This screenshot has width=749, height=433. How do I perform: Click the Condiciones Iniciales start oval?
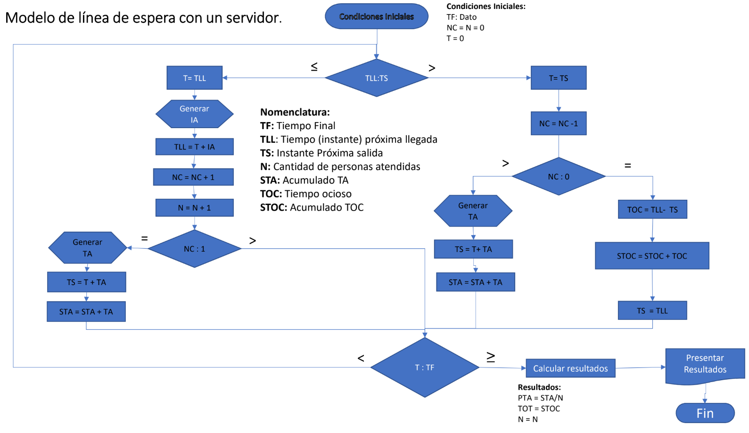pyautogui.click(x=377, y=16)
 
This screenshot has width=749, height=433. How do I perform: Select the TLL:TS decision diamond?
pyautogui.click(x=377, y=78)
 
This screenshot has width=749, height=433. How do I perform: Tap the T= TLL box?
pyautogui.click(x=195, y=78)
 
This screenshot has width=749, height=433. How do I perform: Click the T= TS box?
pyautogui.click(x=559, y=78)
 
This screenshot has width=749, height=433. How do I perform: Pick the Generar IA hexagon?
pyautogui.click(x=194, y=114)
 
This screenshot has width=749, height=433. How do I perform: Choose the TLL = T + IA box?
pyautogui.click(x=194, y=147)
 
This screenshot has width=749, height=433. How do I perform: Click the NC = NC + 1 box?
pyautogui.click(x=193, y=177)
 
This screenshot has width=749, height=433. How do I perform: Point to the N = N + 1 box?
pyautogui.click(x=194, y=208)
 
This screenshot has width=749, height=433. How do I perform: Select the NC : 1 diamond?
pyautogui.click(x=194, y=249)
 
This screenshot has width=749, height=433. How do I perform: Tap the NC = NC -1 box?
pyautogui.click(x=559, y=123)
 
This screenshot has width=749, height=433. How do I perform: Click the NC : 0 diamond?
pyautogui.click(x=559, y=176)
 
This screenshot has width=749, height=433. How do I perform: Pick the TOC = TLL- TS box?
pyautogui.click(x=652, y=210)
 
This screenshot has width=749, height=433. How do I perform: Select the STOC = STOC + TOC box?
pyautogui.click(x=652, y=256)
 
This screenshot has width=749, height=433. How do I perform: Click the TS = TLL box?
pyautogui.click(x=652, y=310)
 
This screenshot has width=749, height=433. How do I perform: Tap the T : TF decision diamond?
pyautogui.click(x=425, y=368)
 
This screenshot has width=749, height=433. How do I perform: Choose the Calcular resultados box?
pyautogui.click(x=570, y=368)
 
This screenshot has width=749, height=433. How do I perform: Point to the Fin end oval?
pyautogui.click(x=705, y=413)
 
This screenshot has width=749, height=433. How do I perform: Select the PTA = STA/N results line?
pyautogui.click(x=540, y=398)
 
